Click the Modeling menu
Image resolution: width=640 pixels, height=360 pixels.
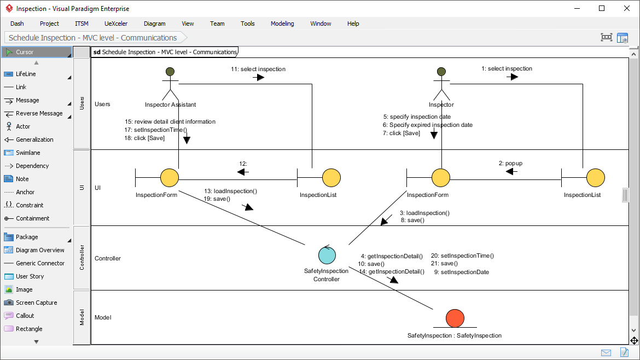tap(282, 24)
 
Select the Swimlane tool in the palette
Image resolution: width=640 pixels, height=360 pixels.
tap(28, 153)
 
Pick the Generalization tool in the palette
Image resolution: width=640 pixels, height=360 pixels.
tap(34, 140)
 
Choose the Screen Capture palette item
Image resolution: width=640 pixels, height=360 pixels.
tap(36, 303)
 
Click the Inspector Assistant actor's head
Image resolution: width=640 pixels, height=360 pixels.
tap(170, 72)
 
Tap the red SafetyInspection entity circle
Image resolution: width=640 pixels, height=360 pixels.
tap(455, 318)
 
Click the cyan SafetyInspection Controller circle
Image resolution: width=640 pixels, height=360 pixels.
tap(327, 255)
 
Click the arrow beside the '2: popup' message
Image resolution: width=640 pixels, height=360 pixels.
tap(511, 172)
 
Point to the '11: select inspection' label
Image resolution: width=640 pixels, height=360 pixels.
tap(258, 69)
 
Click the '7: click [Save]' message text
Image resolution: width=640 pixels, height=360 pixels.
tap(401, 133)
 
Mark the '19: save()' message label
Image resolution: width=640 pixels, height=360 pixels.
tap(217, 199)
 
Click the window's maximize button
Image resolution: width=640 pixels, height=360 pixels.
tap(602, 8)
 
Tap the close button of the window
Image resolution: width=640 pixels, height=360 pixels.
tap(627, 8)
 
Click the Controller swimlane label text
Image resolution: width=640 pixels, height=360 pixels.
tap(108, 258)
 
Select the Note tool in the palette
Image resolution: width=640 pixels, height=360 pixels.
tap(22, 179)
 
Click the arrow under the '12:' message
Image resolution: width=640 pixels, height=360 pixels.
tap(242, 172)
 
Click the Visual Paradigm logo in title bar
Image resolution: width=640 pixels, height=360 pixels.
tap(9, 9)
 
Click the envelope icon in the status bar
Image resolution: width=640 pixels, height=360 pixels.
tap(606, 352)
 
